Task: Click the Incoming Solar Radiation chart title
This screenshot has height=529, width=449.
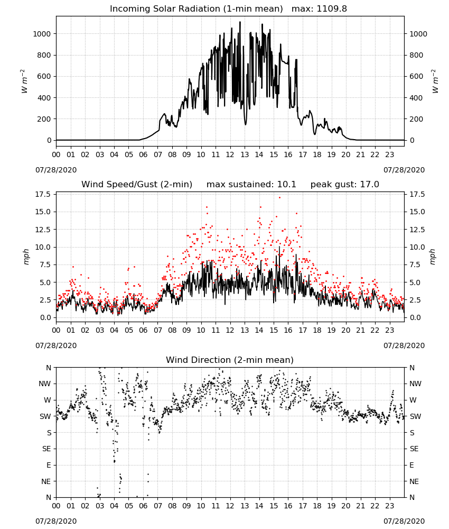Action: click(x=197, y=9)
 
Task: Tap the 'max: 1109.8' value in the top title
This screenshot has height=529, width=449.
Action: click(x=319, y=9)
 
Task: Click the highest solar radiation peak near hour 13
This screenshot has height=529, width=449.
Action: click(x=240, y=22)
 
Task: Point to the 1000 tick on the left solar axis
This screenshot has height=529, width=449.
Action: click(x=42, y=34)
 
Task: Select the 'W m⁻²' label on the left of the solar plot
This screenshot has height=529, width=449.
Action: click(x=24, y=81)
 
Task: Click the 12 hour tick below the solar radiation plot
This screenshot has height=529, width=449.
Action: click(x=230, y=154)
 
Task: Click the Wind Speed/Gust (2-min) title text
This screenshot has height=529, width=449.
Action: click(x=137, y=185)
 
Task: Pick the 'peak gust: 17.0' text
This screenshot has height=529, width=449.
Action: click(x=344, y=185)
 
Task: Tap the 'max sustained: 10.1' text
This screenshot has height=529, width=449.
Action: click(x=251, y=185)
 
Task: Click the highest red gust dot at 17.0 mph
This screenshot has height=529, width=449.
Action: click(x=279, y=197)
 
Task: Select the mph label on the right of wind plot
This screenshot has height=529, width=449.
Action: click(x=433, y=257)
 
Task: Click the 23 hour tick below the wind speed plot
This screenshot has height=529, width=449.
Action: click(x=390, y=330)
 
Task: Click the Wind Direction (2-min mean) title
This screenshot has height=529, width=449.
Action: click(x=230, y=360)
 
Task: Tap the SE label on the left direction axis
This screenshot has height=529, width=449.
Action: click(x=46, y=449)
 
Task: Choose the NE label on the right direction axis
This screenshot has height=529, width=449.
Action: click(x=414, y=481)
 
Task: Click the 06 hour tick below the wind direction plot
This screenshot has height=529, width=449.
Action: click(x=143, y=506)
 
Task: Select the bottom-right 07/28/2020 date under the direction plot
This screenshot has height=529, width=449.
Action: click(x=404, y=521)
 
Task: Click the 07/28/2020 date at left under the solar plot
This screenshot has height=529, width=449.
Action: click(x=56, y=170)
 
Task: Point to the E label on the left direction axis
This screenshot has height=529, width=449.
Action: click(x=49, y=465)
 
